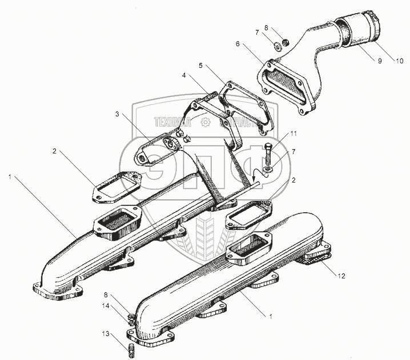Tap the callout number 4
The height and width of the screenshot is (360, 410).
coord(184,75)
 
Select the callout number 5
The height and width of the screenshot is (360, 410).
coord(201,66)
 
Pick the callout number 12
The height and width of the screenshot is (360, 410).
coord(340,277)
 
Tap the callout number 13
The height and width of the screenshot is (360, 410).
coord(104,334)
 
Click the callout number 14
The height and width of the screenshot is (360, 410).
coord(105,307)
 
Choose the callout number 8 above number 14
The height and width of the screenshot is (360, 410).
coord(105,295)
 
